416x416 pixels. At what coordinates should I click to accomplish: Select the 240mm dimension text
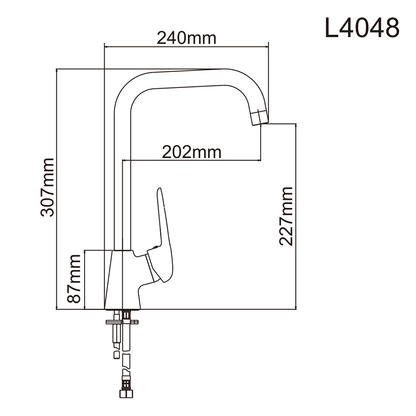click(x=186, y=38)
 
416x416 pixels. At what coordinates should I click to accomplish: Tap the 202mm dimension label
click(x=192, y=152)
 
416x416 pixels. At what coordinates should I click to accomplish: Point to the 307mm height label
click(x=47, y=187)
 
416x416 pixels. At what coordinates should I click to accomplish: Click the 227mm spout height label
click(x=286, y=216)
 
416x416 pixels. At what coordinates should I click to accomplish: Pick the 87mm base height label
click(x=74, y=279)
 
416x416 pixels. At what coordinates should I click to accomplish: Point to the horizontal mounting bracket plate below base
click(x=122, y=322)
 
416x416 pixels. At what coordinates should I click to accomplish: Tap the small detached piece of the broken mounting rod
click(x=116, y=355)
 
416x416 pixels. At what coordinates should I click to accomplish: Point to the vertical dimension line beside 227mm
click(x=296, y=216)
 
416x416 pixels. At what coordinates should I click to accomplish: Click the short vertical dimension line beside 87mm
click(x=85, y=279)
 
